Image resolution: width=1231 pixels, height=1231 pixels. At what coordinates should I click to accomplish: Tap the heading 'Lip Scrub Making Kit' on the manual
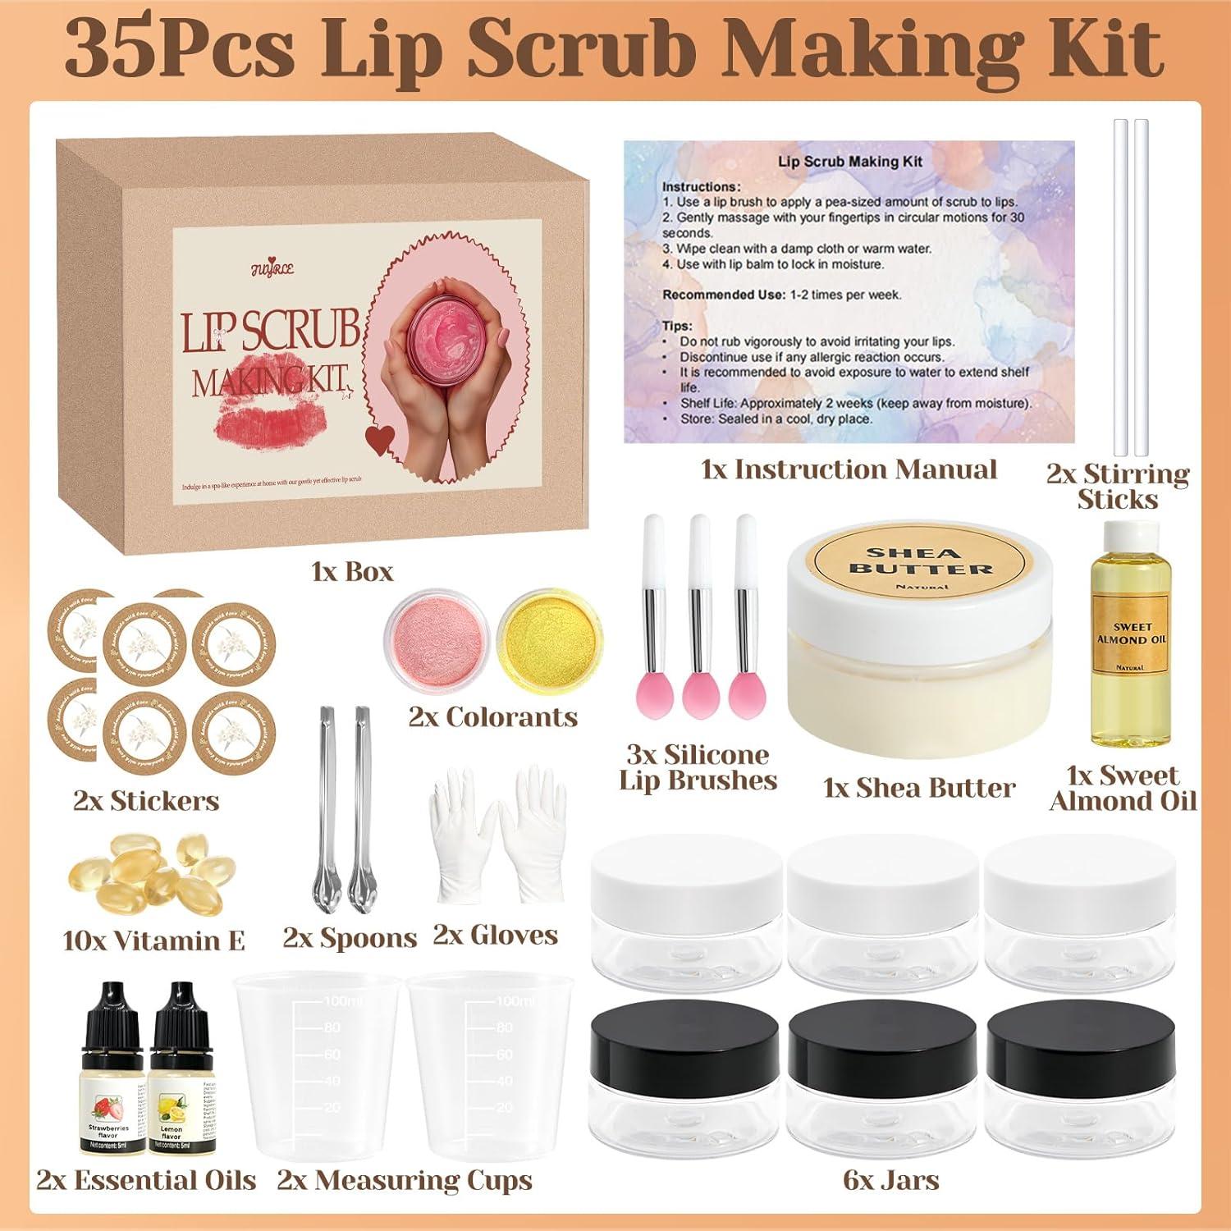click(x=849, y=162)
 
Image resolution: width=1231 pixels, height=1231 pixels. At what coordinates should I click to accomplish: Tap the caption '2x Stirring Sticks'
click(x=1118, y=486)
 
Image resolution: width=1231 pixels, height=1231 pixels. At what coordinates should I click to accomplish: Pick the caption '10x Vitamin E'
click(x=153, y=940)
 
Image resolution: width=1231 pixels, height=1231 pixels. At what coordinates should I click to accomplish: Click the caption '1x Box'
click(x=353, y=571)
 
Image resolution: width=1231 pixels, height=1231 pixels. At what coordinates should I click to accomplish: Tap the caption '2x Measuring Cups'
click(x=405, y=1180)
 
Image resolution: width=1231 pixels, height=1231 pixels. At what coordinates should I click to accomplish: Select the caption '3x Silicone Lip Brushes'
click(x=698, y=767)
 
